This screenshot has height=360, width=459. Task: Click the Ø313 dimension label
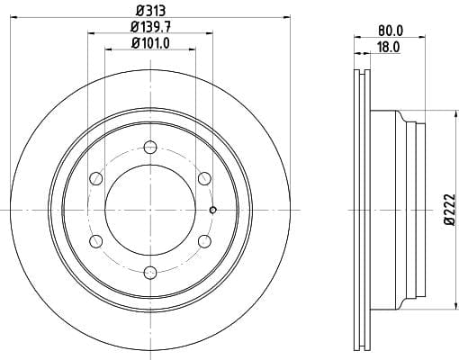[150, 11]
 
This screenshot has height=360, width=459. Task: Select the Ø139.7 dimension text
[150, 28]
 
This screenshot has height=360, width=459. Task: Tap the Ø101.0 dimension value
[150, 43]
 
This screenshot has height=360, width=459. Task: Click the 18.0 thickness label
[388, 47]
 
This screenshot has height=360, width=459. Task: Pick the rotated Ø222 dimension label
[450, 210]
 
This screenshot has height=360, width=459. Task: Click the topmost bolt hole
[150, 147]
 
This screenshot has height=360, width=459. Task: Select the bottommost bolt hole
[150, 273]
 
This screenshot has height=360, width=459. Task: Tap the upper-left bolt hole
[96, 178]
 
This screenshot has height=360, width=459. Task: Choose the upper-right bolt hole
[204, 178]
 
